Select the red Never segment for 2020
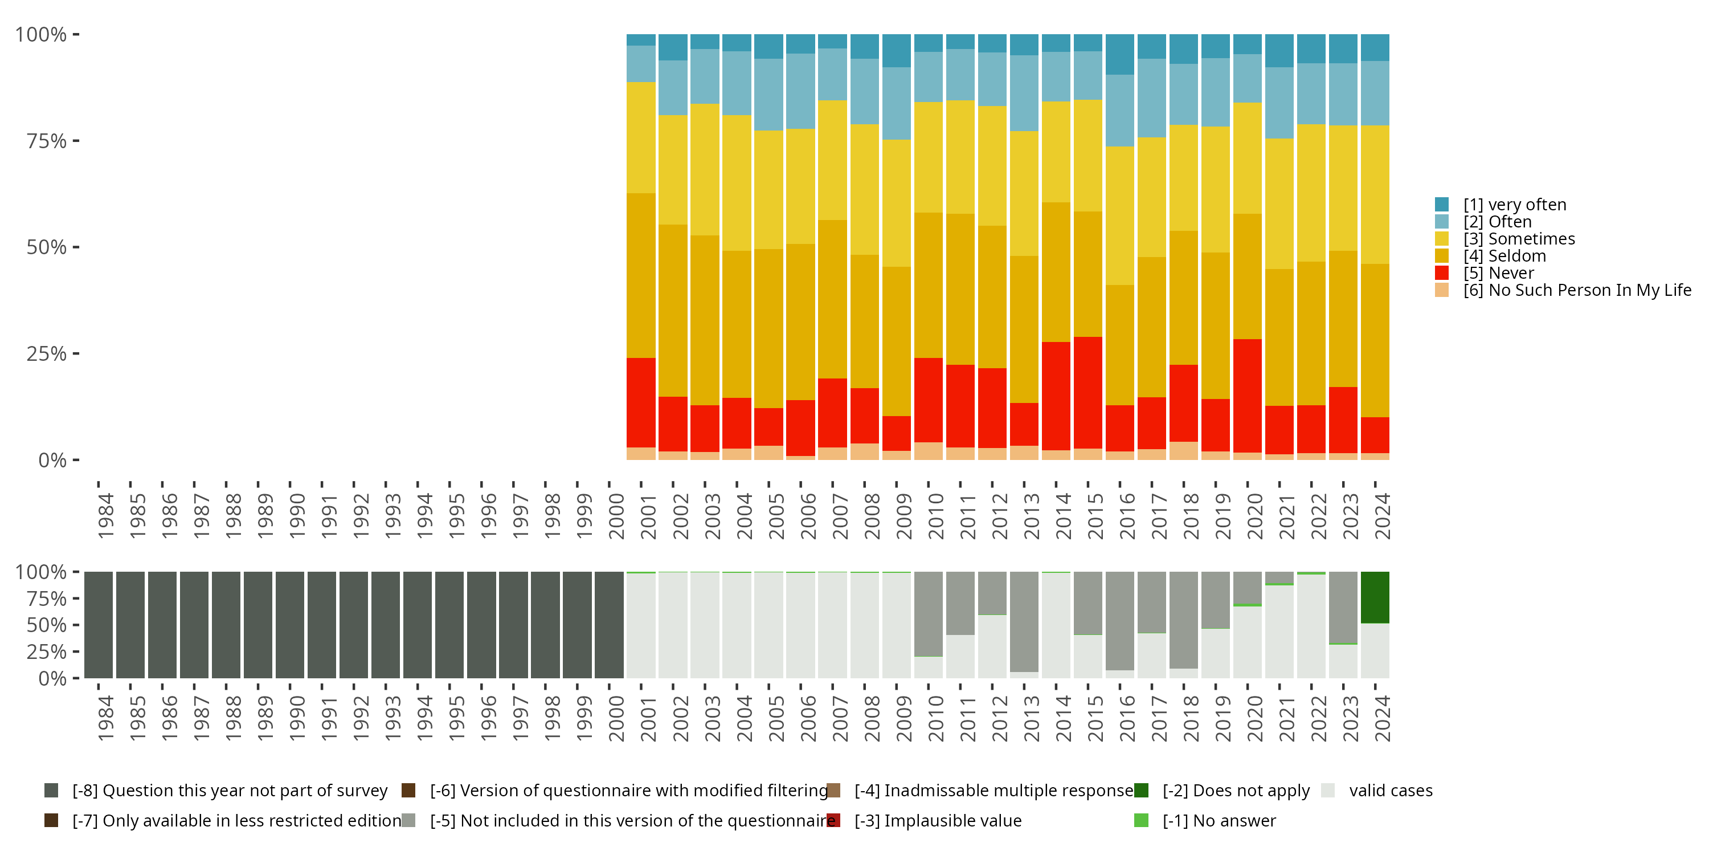[x=1247, y=396]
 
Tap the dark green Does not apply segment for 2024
[x=1375, y=597]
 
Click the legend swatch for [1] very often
[x=1442, y=205]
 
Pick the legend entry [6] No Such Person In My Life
[x=1576, y=290]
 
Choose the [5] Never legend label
[x=1511, y=273]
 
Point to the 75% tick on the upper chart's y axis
[x=76, y=141]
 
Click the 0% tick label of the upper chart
[x=52, y=460]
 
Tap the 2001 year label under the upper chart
[x=648, y=516]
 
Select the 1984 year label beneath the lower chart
[x=105, y=719]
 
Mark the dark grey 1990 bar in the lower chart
[x=290, y=625]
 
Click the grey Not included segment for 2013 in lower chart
[x=1024, y=621]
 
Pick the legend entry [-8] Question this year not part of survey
[x=230, y=791]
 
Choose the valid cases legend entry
[x=1391, y=791]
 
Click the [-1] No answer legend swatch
[x=1141, y=820]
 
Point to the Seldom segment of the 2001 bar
[x=641, y=275]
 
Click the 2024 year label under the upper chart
[x=1382, y=516]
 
